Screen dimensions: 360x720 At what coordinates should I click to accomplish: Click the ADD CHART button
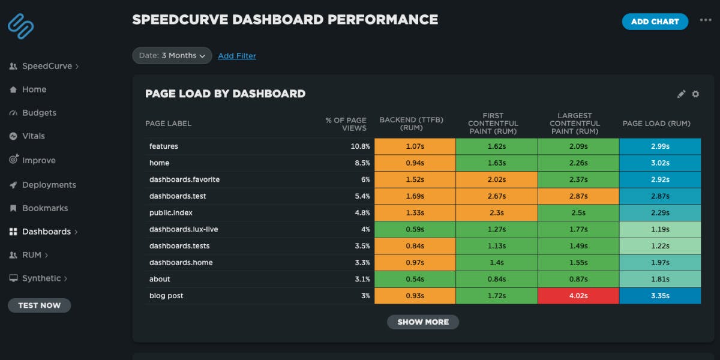(655, 22)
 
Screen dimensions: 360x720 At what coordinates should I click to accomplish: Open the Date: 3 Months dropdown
(172, 56)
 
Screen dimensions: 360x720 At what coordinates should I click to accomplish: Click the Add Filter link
(236, 56)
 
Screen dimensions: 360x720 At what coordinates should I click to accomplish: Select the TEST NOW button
(39, 305)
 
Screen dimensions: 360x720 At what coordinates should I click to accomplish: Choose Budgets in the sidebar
(39, 113)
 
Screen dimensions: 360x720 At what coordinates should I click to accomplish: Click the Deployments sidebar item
(49, 185)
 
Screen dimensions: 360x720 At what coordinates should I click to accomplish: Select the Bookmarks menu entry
(45, 208)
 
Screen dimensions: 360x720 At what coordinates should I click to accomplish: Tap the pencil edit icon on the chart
(681, 94)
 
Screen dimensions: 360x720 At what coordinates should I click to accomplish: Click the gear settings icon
(695, 94)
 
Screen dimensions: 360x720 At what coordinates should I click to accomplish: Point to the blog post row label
(166, 296)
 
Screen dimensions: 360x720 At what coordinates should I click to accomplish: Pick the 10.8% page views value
(359, 146)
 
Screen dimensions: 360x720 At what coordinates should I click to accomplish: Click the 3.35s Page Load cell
(659, 296)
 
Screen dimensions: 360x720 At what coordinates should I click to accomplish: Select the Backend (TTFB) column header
(411, 123)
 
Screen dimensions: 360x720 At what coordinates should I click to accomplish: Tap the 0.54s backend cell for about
(415, 279)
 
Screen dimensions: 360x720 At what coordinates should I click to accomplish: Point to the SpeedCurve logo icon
(21, 26)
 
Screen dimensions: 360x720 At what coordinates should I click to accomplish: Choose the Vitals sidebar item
(33, 136)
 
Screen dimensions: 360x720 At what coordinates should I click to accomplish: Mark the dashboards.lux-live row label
(183, 229)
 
